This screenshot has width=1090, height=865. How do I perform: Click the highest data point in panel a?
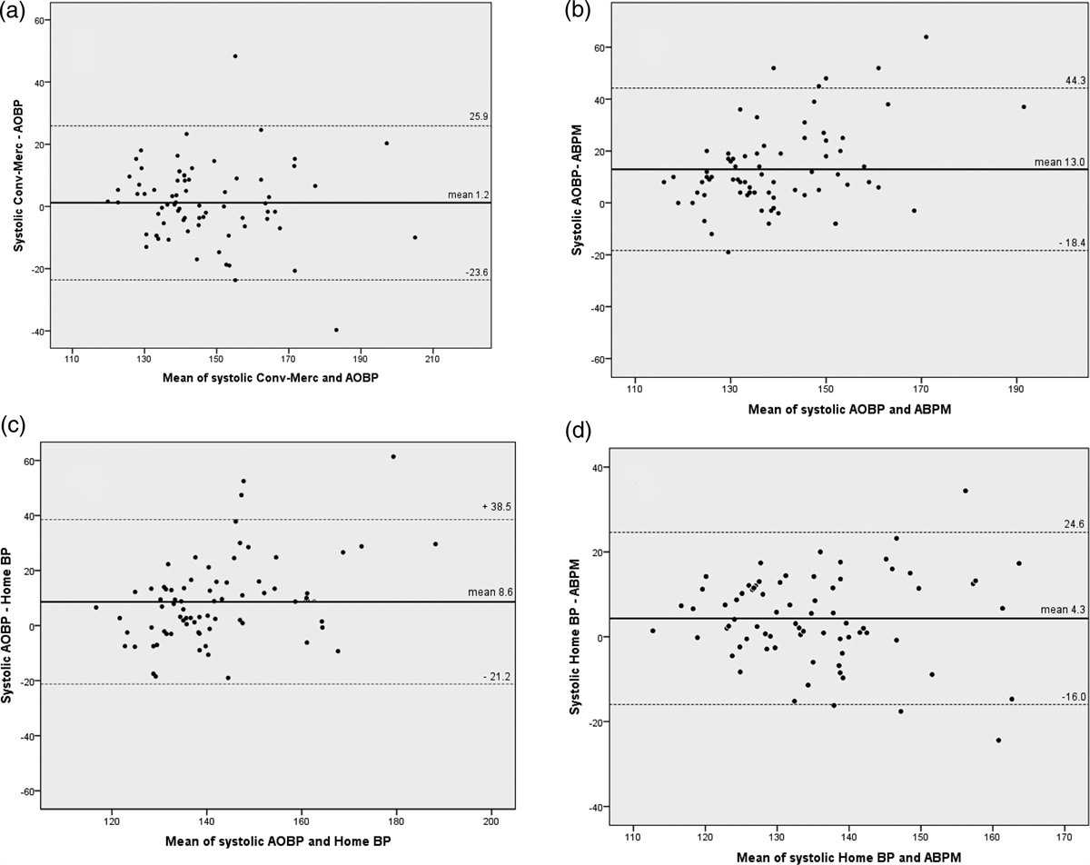(234, 56)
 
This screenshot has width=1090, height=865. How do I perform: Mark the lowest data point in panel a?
(336, 330)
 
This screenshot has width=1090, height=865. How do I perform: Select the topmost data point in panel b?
(926, 37)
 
